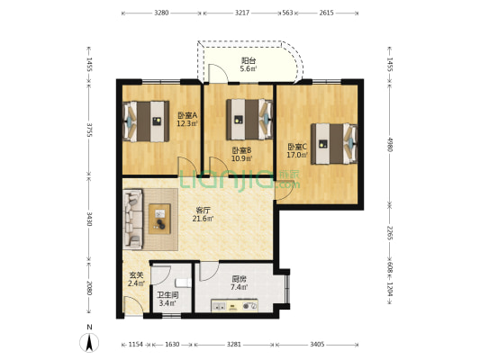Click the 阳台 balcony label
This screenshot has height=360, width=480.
249,60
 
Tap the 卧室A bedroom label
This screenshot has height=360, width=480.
187,115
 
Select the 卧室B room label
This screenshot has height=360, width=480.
241,150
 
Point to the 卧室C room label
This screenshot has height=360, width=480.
297,147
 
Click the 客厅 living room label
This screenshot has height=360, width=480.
203,211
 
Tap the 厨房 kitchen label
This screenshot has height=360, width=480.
239,279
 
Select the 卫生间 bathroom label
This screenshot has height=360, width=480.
168,295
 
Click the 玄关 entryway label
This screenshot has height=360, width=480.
136,275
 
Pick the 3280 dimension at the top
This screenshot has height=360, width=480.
161,13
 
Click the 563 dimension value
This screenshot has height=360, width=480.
288,13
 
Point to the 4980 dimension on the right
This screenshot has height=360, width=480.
390,144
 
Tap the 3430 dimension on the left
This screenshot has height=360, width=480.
89,219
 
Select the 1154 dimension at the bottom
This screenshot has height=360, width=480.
136,345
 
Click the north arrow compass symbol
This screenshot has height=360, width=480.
89,343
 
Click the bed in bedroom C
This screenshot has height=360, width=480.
334,144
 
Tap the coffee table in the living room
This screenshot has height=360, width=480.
159,219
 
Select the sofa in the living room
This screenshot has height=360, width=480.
133,220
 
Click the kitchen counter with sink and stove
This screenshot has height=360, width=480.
234,306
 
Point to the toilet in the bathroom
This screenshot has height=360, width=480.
184,283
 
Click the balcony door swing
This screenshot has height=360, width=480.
218,74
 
